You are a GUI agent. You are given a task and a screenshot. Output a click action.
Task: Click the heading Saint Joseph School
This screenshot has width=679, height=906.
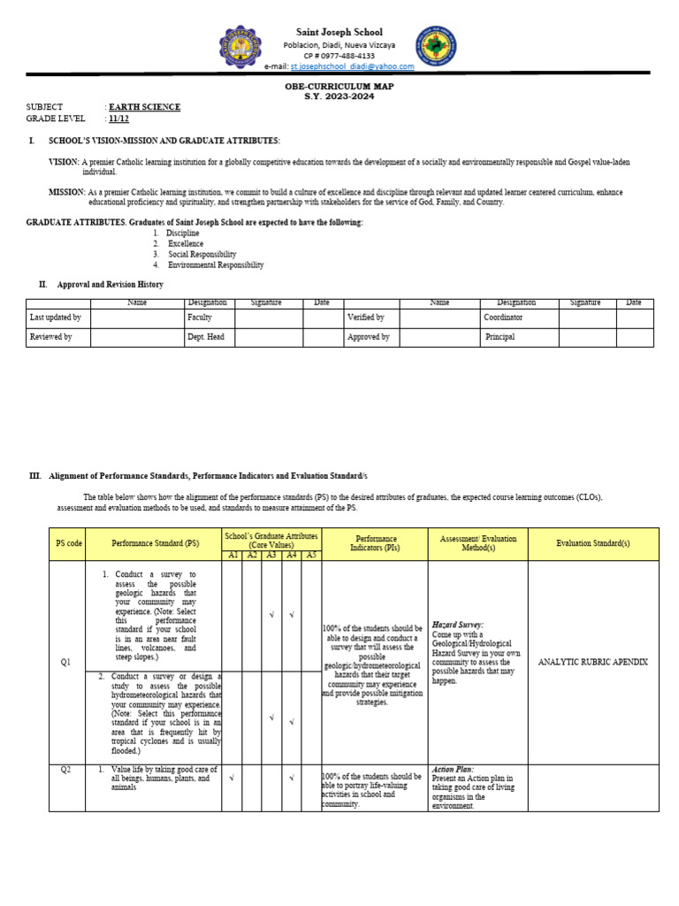tap(339, 32)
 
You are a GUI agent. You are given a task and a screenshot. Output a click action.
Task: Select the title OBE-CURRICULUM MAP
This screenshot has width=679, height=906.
tap(339, 86)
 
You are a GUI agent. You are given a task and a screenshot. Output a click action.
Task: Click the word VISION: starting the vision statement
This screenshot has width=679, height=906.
tap(64, 163)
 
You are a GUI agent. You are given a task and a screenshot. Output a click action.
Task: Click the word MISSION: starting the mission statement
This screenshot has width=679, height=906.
tap(66, 192)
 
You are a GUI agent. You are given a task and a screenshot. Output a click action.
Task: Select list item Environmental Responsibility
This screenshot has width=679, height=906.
tap(216, 265)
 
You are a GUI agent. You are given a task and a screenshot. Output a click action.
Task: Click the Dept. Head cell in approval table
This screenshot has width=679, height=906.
tap(205, 337)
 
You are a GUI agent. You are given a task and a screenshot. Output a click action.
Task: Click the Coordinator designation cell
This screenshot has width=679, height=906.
tap(503, 317)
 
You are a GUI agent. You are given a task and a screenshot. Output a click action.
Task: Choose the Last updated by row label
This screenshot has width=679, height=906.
tap(55, 317)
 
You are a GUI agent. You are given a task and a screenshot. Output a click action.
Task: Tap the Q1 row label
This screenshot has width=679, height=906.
tap(65, 663)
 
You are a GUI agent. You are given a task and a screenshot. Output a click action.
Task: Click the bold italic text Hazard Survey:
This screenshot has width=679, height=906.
tap(457, 625)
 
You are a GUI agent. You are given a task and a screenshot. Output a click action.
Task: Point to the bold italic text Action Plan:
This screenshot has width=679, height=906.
tap(453, 770)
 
